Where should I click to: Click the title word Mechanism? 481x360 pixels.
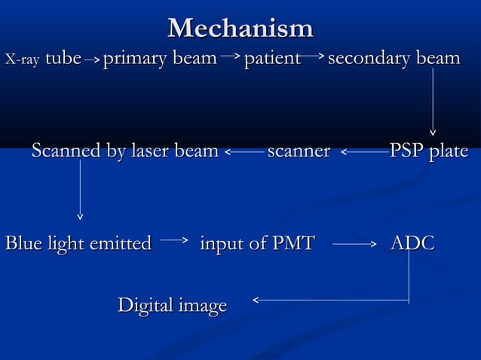coord(240,28)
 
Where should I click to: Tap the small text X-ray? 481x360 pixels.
coord(22,59)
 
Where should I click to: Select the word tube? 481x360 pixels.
coord(63,58)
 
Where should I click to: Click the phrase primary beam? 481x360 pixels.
coord(160,59)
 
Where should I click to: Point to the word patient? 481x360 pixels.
coord(272,58)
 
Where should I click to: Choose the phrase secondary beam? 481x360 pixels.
coord(394,58)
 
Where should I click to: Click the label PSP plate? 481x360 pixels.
coord(428,151)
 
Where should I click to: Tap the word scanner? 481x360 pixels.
coord(299,151)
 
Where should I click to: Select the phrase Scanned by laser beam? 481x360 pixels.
coord(124,151)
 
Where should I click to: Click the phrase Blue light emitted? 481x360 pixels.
coord(78,243)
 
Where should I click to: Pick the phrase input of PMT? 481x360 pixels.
coord(256,243)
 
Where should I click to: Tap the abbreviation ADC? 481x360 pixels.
coord(412,243)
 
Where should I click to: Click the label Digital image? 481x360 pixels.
coord(172,306)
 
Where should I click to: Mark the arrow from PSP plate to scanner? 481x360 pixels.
coord(365,153)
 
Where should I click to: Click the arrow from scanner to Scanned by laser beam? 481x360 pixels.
coord(244,153)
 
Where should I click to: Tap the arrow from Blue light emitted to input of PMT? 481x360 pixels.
coord(174,241)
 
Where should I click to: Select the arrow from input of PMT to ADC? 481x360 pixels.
coord(354,244)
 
